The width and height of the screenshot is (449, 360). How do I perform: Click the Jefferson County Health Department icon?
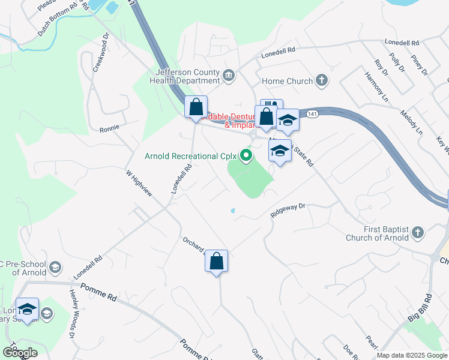(229, 75)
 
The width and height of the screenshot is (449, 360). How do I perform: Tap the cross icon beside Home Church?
(322, 80)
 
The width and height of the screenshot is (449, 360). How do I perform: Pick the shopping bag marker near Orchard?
(217, 262)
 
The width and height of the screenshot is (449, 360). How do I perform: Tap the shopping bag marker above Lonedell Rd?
(196, 108)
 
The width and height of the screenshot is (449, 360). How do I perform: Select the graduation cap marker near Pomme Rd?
(27, 310)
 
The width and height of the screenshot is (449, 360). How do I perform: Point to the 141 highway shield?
(312, 113)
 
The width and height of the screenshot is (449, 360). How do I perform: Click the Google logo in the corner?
(20, 353)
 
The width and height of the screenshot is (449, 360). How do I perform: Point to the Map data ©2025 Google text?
(412, 355)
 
